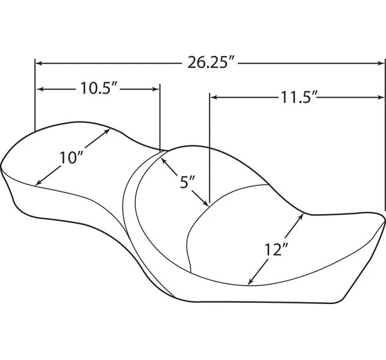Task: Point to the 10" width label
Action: [71, 157]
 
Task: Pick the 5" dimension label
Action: [187, 183]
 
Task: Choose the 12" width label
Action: [276, 249]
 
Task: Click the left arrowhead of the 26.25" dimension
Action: [39, 64]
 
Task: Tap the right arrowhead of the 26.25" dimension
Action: [380, 64]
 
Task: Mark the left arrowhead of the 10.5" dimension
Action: [41, 89]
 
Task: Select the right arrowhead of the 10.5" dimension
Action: [156, 89]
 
